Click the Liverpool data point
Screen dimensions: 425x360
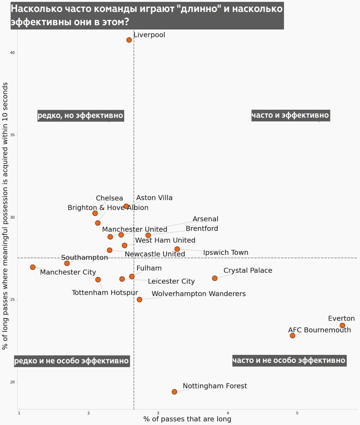click(x=129, y=40)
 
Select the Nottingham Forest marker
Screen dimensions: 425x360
click(x=174, y=392)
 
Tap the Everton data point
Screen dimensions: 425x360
click(x=342, y=325)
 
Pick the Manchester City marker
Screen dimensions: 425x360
click(x=33, y=267)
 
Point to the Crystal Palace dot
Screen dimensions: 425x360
click(x=215, y=278)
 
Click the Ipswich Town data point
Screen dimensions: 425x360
click(x=177, y=249)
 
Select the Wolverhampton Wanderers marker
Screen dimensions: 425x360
click(x=140, y=300)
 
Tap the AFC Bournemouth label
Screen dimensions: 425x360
click(x=319, y=330)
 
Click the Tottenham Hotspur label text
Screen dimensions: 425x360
click(x=105, y=293)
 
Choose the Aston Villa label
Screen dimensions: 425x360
click(x=154, y=198)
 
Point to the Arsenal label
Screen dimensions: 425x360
click(x=206, y=219)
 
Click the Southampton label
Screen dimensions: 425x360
click(x=84, y=257)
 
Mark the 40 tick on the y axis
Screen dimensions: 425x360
click(x=12, y=53)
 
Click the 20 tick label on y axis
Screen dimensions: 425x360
click(x=12, y=382)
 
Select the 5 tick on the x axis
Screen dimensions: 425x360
click(x=297, y=413)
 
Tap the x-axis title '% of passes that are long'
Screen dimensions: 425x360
click(x=187, y=419)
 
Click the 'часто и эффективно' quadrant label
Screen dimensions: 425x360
click(x=290, y=115)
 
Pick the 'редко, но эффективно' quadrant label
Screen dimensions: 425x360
click(x=80, y=115)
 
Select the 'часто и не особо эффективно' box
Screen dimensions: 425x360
click(x=289, y=361)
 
